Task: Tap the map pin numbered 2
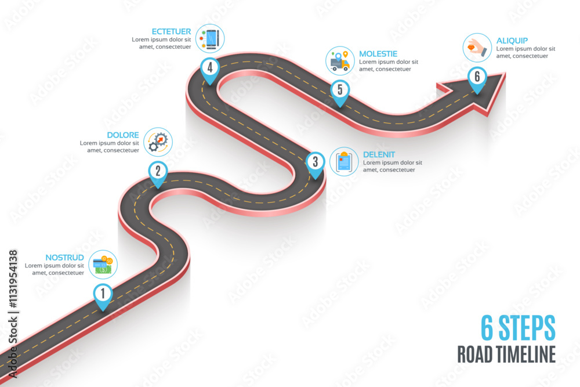[158, 172]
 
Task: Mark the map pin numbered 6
[477, 78]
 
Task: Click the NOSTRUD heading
[64, 258]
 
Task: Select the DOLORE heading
[123, 135]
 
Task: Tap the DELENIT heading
[379, 155]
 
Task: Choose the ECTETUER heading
[171, 32]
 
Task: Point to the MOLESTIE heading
[378, 54]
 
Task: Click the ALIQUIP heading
[512, 41]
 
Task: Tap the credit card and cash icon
[103, 265]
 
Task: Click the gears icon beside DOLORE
[158, 142]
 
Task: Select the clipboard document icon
[344, 162]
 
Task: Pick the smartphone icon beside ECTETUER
[210, 38]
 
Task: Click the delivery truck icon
[340, 61]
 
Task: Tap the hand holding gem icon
[477, 48]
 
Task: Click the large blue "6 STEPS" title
[518, 328]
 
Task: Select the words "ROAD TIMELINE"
[506, 354]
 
